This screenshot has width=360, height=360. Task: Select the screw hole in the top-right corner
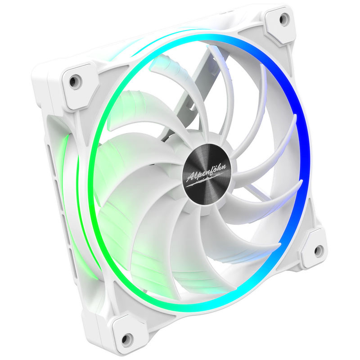283,19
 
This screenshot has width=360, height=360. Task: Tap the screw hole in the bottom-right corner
319,250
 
